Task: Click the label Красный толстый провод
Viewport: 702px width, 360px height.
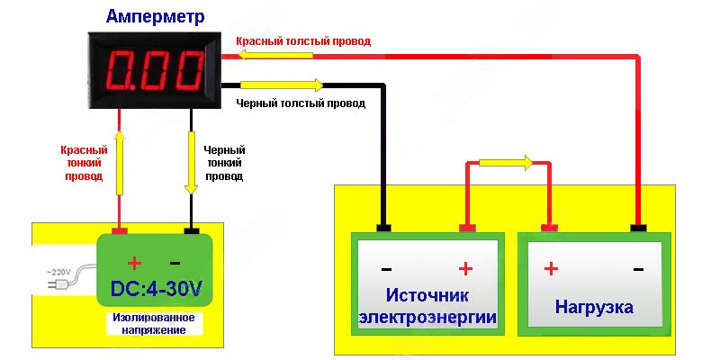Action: (302, 41)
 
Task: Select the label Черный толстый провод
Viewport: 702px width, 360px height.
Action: (301, 103)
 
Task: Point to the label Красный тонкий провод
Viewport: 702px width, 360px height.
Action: (84, 164)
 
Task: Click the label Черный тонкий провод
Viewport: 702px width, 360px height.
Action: (224, 164)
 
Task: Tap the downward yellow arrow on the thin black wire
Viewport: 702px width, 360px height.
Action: (191, 163)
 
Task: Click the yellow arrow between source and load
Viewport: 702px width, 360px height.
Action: (505, 163)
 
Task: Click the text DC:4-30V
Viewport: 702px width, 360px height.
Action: (154, 290)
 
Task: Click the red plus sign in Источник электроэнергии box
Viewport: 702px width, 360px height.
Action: (466, 268)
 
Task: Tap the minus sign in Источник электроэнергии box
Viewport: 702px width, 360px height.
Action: (386, 268)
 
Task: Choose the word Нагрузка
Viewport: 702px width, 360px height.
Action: (594, 307)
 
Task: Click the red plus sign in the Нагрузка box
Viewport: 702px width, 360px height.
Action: (551, 268)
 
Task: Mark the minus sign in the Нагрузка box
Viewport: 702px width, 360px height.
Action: (638, 268)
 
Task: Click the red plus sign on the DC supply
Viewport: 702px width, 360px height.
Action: (134, 263)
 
